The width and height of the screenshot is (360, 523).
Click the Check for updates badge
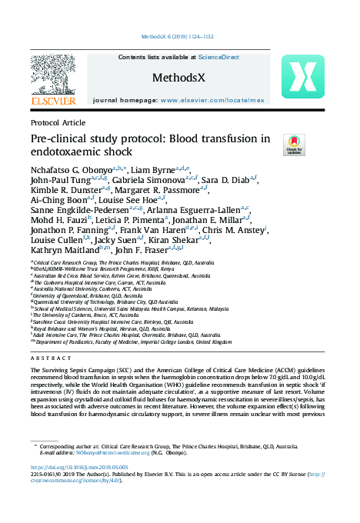[293, 144]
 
